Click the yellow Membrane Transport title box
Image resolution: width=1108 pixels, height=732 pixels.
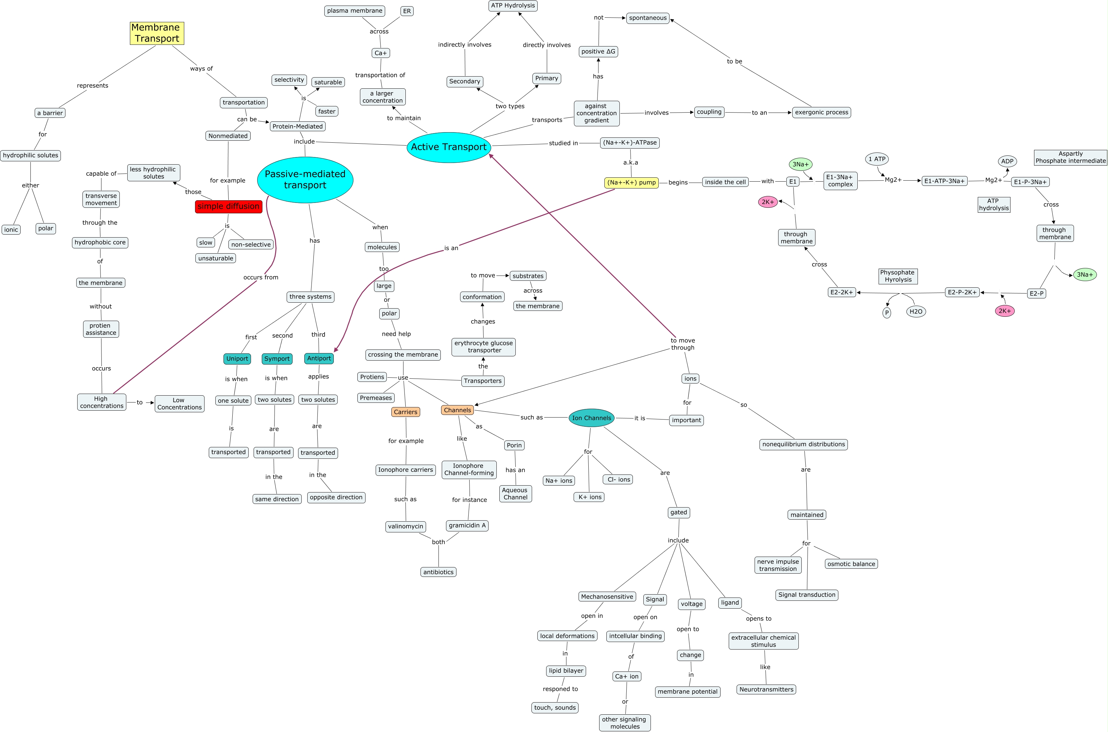(x=157, y=33)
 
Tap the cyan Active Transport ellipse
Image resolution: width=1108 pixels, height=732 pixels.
(x=449, y=147)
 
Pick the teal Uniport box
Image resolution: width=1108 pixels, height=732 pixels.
(x=237, y=359)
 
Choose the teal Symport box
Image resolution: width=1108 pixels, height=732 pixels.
(x=277, y=359)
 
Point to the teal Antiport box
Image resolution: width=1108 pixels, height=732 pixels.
(x=319, y=358)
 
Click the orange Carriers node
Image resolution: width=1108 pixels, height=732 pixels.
(x=405, y=412)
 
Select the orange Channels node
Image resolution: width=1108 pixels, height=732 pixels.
(x=457, y=410)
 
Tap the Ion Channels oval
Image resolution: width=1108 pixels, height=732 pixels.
(x=591, y=418)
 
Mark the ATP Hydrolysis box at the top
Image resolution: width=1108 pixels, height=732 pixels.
(x=513, y=6)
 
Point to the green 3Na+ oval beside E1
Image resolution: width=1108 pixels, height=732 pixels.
(x=800, y=164)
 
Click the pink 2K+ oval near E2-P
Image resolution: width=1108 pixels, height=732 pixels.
(x=1004, y=311)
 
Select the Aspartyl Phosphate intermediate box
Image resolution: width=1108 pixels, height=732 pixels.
(x=1070, y=157)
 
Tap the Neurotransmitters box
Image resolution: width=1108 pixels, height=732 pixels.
(x=766, y=689)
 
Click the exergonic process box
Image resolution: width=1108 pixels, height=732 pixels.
(x=821, y=113)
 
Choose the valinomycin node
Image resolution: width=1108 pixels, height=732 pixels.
(x=405, y=526)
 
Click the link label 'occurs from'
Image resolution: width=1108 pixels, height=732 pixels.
(x=260, y=277)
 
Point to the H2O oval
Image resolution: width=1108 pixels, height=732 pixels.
(x=916, y=312)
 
